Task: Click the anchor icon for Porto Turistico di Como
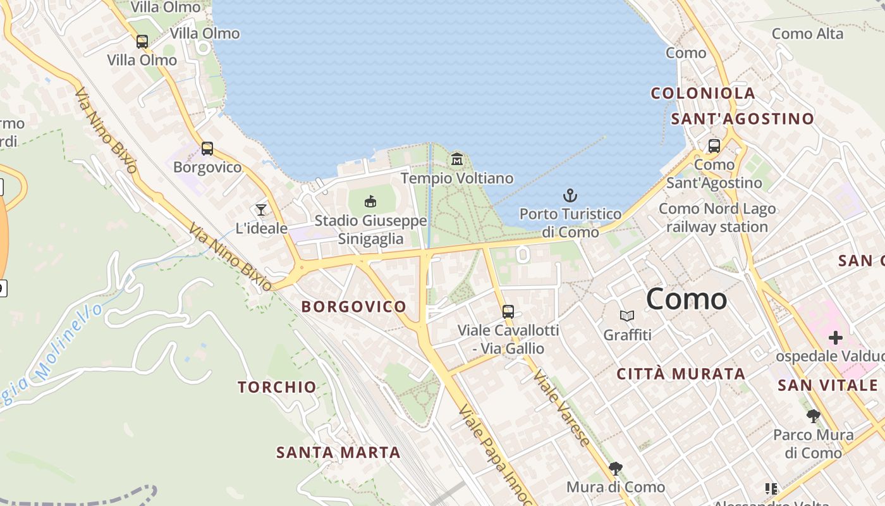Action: click(x=570, y=195)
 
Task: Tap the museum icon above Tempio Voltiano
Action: click(x=457, y=159)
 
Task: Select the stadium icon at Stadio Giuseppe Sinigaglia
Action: click(x=370, y=202)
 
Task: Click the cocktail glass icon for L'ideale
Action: click(x=260, y=209)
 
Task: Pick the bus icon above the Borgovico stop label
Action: click(x=207, y=149)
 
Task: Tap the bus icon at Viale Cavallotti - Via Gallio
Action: click(x=508, y=311)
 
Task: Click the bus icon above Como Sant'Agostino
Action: click(x=714, y=146)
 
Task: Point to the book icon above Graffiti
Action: click(x=627, y=316)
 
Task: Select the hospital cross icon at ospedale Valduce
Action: click(x=836, y=338)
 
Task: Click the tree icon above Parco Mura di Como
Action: click(x=814, y=416)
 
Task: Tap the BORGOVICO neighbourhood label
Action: click(x=354, y=307)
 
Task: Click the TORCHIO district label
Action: click(x=277, y=387)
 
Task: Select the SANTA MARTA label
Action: click(x=338, y=452)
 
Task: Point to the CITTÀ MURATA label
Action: click(x=681, y=374)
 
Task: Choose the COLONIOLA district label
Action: click(x=703, y=93)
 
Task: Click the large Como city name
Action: click(x=687, y=299)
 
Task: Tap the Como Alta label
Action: click(x=808, y=34)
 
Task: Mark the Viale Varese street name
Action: click(x=562, y=407)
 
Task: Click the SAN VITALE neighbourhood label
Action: click(x=827, y=385)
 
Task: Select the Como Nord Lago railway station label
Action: click(x=713, y=218)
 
